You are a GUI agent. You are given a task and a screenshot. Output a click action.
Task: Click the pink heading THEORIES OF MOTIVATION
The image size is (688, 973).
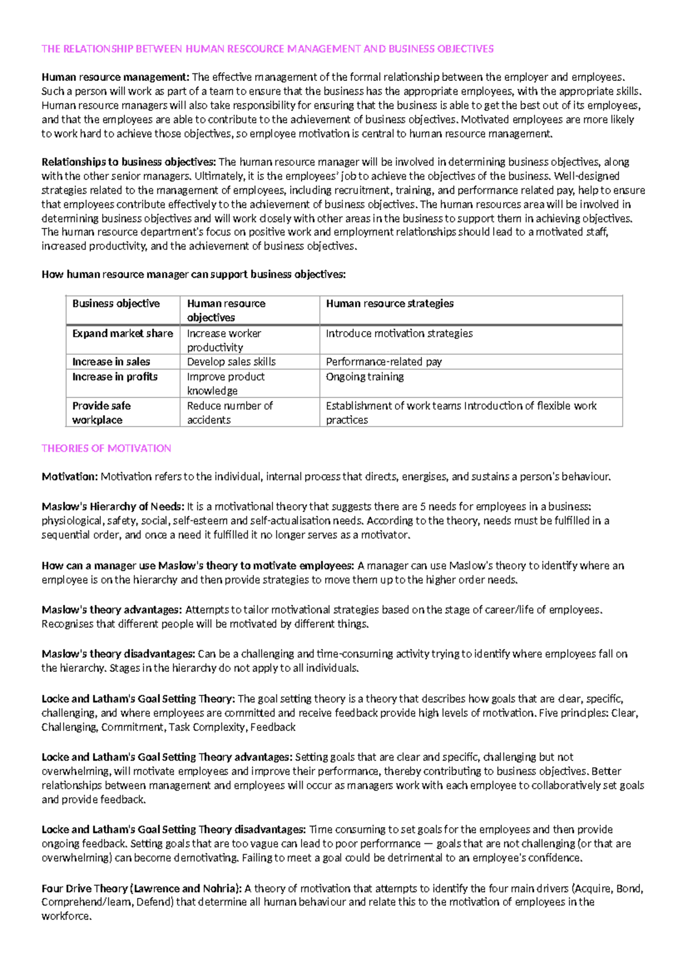tap(106, 449)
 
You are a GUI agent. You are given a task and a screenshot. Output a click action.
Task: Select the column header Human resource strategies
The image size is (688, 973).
tap(389, 303)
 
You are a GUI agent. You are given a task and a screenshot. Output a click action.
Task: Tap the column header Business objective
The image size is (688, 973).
tap(116, 303)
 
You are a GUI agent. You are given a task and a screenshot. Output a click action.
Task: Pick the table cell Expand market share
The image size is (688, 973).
tap(122, 333)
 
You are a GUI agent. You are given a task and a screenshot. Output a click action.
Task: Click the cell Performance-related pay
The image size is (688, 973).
tap(384, 362)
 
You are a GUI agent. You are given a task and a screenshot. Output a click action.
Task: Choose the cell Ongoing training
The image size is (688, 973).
tap(365, 377)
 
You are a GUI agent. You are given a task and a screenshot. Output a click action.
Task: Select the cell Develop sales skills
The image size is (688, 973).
tap(231, 362)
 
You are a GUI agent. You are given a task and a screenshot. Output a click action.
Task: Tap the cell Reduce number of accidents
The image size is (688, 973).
tap(229, 412)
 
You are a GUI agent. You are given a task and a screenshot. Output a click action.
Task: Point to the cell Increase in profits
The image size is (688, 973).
tap(115, 377)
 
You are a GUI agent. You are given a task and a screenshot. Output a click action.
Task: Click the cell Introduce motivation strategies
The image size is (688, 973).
tap(399, 333)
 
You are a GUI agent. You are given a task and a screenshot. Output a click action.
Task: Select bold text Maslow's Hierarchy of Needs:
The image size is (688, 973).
tap(113, 507)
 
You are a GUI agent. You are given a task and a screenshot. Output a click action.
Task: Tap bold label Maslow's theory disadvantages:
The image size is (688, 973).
tap(118, 654)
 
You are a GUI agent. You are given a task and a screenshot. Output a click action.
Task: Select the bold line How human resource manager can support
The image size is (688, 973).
tap(193, 275)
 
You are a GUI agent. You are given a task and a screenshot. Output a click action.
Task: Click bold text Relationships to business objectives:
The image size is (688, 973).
tap(128, 162)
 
